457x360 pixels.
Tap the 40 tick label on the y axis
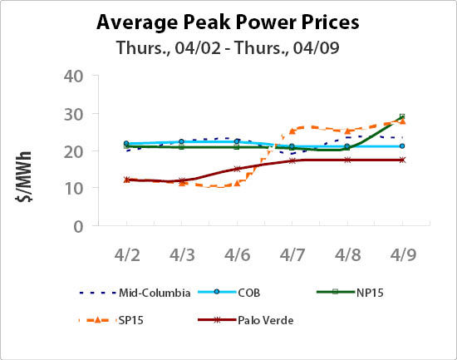(x=74, y=76)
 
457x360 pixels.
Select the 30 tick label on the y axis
(x=74, y=114)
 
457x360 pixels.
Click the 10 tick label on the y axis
(x=74, y=189)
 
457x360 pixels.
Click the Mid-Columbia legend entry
(x=136, y=293)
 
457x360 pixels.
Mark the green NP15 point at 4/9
(x=402, y=117)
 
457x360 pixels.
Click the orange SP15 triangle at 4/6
(x=237, y=182)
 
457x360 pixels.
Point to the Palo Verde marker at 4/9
(x=402, y=160)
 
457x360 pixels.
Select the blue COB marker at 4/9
(x=402, y=146)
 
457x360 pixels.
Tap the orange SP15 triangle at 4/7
(x=292, y=131)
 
